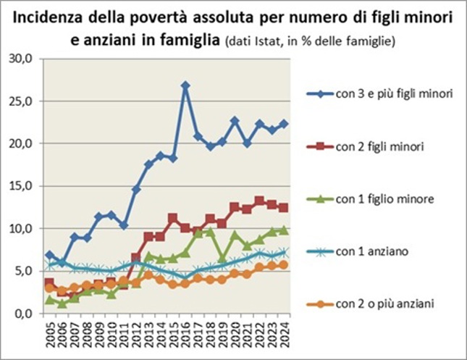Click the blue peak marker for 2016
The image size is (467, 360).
point(186,85)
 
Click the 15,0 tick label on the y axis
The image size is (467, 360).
point(28,186)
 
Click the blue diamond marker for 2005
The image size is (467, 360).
point(49,255)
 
